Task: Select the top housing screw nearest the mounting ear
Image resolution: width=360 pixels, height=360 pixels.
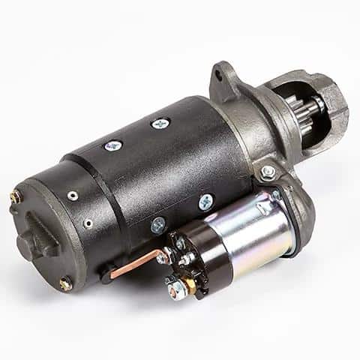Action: (160, 123)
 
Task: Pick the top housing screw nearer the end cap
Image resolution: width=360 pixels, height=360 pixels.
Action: (113, 145)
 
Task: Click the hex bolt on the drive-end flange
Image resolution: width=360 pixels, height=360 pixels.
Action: (267, 172)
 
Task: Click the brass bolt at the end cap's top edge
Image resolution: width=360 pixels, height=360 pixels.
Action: (15, 197)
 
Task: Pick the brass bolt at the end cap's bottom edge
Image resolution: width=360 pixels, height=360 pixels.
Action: (66, 283)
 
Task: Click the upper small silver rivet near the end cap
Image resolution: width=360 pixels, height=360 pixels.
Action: (72, 196)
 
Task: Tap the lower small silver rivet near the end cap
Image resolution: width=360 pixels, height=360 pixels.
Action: (88, 222)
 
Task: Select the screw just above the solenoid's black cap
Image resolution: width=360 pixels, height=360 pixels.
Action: (157, 223)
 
